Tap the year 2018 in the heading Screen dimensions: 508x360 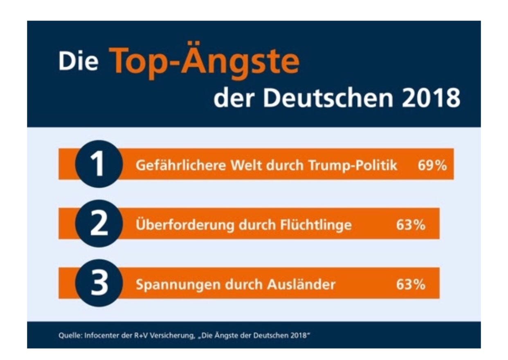pyautogui.click(x=431, y=99)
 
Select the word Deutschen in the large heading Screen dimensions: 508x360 pyautogui.click(x=328, y=98)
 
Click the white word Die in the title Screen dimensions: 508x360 pyautogui.click(x=78, y=62)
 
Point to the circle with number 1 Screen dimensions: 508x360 pyautogui.click(x=99, y=164)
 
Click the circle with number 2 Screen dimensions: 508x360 pyautogui.click(x=99, y=223)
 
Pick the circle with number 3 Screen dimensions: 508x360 pyautogui.click(x=99, y=283)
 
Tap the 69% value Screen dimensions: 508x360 pyautogui.click(x=432, y=165)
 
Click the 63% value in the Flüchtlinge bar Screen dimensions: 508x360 pyautogui.click(x=411, y=225)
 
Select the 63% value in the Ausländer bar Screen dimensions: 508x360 pyautogui.click(x=411, y=284)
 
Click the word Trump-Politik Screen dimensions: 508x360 pyautogui.click(x=353, y=166)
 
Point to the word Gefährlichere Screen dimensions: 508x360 pyautogui.click(x=181, y=165)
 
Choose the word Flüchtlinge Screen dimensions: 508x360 pyautogui.click(x=316, y=225)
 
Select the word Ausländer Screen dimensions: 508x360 pyautogui.click(x=301, y=284)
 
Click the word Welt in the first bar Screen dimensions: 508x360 pyautogui.click(x=246, y=165)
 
